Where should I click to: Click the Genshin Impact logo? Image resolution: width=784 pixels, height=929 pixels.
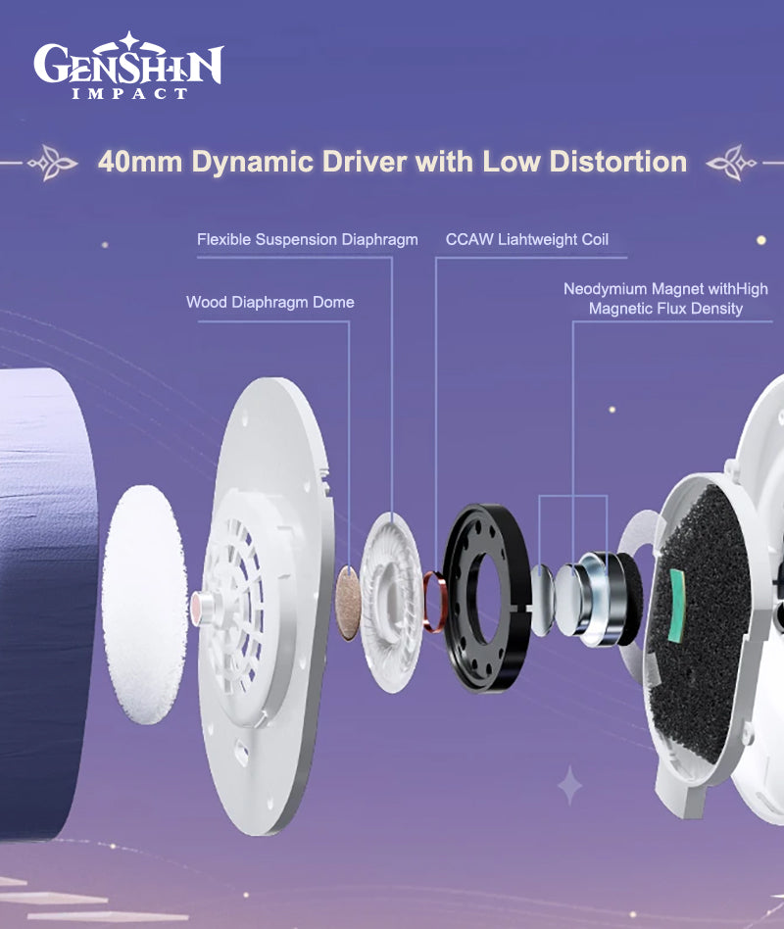point(128,66)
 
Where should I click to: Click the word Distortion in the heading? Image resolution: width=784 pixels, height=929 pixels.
point(618,161)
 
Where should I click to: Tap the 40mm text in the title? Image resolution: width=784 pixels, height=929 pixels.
point(140,162)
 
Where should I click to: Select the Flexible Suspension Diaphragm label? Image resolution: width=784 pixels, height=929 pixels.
point(308,239)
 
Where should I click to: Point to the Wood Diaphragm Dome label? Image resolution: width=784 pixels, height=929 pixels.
point(270,302)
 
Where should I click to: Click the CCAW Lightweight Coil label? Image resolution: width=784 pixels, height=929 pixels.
point(527,239)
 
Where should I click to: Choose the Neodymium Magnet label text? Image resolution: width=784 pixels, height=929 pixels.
point(665,299)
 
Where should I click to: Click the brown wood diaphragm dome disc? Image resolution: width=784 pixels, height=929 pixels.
point(349,603)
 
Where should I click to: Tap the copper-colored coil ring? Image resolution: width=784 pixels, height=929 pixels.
point(434,602)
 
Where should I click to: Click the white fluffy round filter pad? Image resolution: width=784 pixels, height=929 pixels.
point(145,605)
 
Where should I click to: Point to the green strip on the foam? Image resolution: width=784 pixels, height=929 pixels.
point(676,606)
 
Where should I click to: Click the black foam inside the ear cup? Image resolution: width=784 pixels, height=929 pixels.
point(701,622)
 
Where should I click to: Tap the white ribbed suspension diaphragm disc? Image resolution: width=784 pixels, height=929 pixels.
point(391,602)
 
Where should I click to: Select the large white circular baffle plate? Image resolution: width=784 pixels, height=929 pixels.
point(267,605)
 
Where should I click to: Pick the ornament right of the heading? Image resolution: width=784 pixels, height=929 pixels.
point(732,163)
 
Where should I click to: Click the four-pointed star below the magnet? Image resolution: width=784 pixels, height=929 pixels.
point(570,786)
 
